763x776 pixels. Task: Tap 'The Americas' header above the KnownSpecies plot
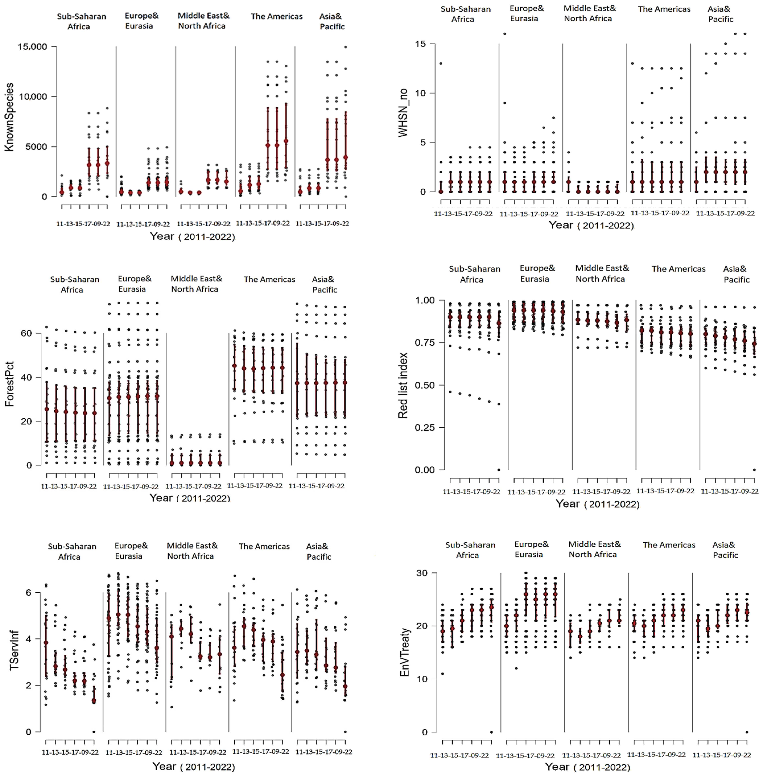coord(277,17)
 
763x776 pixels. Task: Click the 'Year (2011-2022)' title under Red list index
coord(597,504)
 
